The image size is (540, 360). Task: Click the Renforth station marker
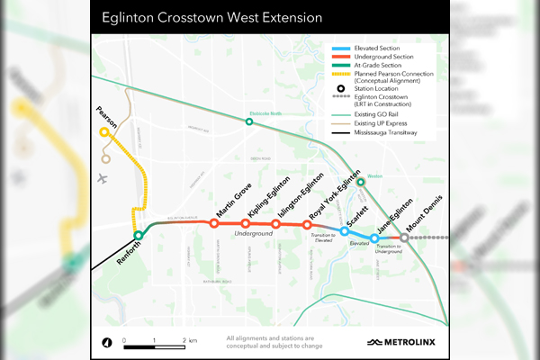pyautogui.click(x=139, y=236)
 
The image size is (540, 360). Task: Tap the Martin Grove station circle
pyautogui.click(x=214, y=223)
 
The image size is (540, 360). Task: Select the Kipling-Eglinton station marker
pyautogui.click(x=245, y=223)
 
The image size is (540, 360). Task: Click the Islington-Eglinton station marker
pyautogui.click(x=275, y=223)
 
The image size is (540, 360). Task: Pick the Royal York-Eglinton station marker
pyautogui.click(x=307, y=224)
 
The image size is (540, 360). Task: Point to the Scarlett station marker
pyautogui.click(x=345, y=231)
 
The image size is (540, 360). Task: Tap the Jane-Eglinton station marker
pyautogui.click(x=374, y=238)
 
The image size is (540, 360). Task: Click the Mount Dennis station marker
pyautogui.click(x=404, y=238)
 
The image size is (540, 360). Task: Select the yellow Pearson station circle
pyautogui.click(x=104, y=132)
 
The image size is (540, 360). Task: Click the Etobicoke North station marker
pyautogui.click(x=249, y=121)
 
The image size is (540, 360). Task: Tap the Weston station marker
pyautogui.click(x=360, y=182)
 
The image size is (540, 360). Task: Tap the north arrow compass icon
pyautogui.click(x=107, y=342)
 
